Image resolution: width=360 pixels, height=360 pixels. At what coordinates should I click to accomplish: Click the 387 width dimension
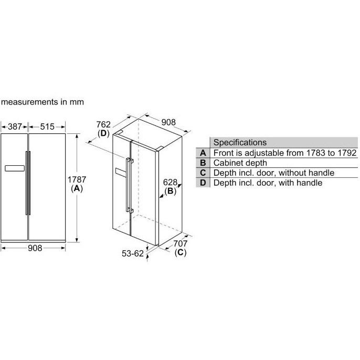[x=15, y=126]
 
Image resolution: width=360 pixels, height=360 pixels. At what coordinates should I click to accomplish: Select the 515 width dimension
[x=47, y=126]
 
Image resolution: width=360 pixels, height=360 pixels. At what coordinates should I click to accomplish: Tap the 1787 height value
[x=77, y=179]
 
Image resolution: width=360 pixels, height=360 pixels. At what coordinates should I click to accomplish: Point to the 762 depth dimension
[x=103, y=124]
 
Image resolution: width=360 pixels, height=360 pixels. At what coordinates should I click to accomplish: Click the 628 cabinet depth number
[x=170, y=182]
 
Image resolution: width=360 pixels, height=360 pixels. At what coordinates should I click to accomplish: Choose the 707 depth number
[x=180, y=243]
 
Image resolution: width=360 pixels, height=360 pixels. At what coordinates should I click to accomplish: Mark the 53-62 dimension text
[x=132, y=253]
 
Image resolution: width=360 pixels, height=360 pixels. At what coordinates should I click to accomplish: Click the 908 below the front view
[x=35, y=248]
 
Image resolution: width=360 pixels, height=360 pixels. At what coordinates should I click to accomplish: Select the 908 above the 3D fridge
[x=168, y=122]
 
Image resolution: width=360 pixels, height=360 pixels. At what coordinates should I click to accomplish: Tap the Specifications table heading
[x=240, y=142]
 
